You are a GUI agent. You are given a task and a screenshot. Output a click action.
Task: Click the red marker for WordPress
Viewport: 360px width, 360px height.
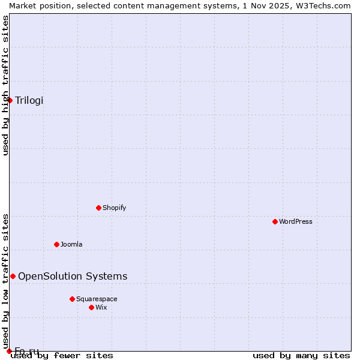[275, 221]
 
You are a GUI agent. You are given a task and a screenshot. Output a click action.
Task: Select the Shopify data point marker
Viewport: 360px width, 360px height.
[98, 208]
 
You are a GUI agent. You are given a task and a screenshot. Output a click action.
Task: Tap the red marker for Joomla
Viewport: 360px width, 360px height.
[56, 244]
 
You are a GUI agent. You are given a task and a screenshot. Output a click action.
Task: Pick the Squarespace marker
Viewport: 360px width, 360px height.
[72, 299]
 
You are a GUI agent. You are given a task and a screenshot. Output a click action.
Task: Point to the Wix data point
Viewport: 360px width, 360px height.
[91, 307]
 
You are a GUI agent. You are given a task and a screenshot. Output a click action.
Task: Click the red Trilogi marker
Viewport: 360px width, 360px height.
[10, 100]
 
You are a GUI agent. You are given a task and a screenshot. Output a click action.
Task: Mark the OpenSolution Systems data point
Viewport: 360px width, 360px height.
[13, 276]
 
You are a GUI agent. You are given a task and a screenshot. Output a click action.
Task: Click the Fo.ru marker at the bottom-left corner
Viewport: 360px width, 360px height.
[9, 351]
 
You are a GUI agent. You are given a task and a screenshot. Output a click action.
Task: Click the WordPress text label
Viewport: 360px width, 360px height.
[296, 221]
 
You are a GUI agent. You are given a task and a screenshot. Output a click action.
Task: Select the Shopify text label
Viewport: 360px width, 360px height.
[114, 208]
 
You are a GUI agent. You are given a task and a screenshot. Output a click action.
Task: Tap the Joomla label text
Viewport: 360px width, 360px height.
[71, 244]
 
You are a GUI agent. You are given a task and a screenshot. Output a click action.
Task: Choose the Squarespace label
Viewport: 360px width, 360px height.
[97, 299]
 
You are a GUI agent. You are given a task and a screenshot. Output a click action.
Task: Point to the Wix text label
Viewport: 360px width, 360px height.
[101, 307]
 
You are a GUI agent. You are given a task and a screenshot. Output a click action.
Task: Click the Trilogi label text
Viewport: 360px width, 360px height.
[29, 100]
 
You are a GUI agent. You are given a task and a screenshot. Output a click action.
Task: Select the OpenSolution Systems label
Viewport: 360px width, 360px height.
[73, 276]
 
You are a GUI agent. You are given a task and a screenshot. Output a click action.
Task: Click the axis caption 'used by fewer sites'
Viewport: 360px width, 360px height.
[62, 356]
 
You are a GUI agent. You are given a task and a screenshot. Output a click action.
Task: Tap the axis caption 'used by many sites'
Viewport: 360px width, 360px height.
[301, 356]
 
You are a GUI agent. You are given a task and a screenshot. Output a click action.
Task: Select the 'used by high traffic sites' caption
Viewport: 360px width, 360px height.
[5, 85]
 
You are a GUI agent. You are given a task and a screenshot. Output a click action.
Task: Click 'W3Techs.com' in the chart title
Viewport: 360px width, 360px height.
[324, 5]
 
